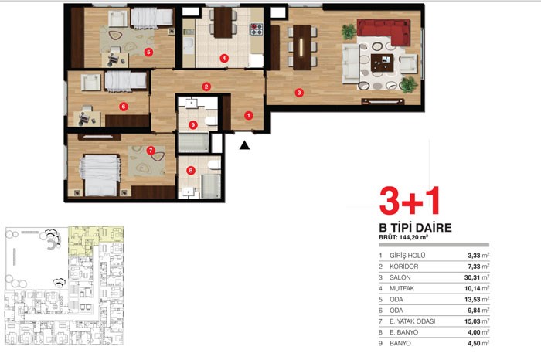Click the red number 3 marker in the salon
pos(299,93)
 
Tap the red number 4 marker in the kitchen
pos(224,58)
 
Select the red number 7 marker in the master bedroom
pos(151,151)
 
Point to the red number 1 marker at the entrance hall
pos(248,116)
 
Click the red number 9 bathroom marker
pos(193,125)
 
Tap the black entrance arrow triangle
pos(245,145)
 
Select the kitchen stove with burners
pos(256,29)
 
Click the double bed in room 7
pos(100,176)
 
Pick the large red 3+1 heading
pos(410,201)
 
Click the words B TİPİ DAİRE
pos(416,228)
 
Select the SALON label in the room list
pos(400,277)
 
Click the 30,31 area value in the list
pos(472,277)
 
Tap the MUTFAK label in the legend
pos(402,289)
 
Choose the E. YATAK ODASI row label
pos(412,321)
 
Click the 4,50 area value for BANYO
pos(474,344)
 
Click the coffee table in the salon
pos(383,63)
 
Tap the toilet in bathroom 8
pos(214,165)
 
